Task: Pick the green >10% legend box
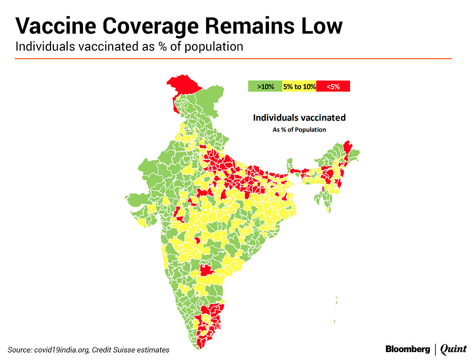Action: (x=265, y=86)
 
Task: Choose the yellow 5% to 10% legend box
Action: (x=299, y=86)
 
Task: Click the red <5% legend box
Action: (x=333, y=86)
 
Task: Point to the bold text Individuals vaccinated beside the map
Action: (x=299, y=118)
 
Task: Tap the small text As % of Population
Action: (x=299, y=130)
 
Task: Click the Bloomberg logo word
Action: (x=407, y=349)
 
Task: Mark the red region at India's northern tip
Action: (x=183, y=84)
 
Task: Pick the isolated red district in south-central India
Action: (x=205, y=270)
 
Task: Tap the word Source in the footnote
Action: (x=18, y=349)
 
